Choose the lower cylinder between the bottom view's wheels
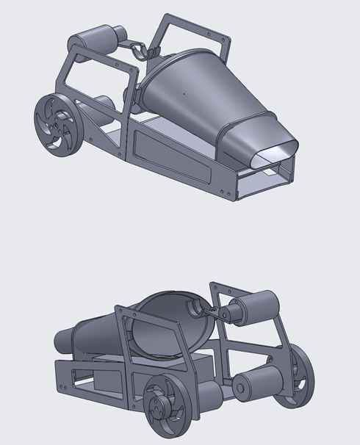pyautogui.click(x=261, y=382)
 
